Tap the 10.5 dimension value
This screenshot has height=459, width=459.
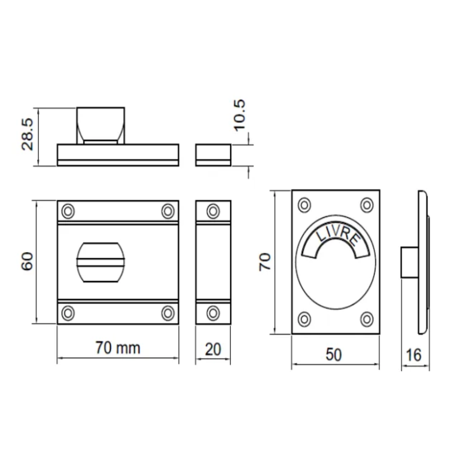[x=239, y=115]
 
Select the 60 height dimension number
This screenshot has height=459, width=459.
[x=27, y=261]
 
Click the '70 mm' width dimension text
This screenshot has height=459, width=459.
[x=118, y=348]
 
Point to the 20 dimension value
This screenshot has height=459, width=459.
[x=213, y=350]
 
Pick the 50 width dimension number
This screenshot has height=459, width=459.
[x=334, y=355]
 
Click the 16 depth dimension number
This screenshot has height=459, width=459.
[x=414, y=355]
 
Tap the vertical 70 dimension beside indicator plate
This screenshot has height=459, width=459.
[x=265, y=262]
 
